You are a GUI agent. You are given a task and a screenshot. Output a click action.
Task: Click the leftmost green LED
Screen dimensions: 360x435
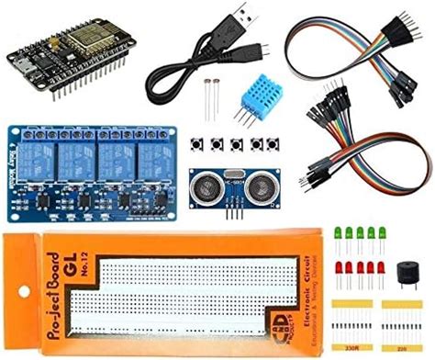coord(339,232)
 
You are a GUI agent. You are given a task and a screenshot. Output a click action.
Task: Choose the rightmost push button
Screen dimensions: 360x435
coord(272,144)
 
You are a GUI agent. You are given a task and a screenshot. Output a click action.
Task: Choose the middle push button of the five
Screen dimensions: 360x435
coord(233,145)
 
